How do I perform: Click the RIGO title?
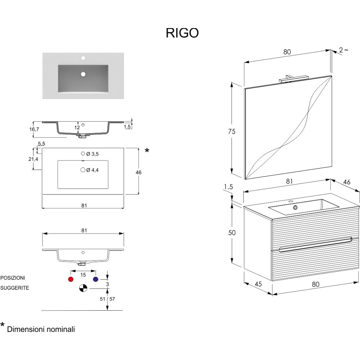182,33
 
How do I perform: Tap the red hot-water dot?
71,279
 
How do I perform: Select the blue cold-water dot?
95,279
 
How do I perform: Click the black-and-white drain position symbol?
83,288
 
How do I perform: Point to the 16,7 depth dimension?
34,129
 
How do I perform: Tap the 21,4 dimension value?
35,159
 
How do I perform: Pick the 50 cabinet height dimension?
232,233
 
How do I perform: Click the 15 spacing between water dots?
83,275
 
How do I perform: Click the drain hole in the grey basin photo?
83,74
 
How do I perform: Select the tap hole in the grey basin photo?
83,58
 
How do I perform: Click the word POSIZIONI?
13,278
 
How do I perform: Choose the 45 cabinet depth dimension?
258,284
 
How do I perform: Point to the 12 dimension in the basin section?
77,127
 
